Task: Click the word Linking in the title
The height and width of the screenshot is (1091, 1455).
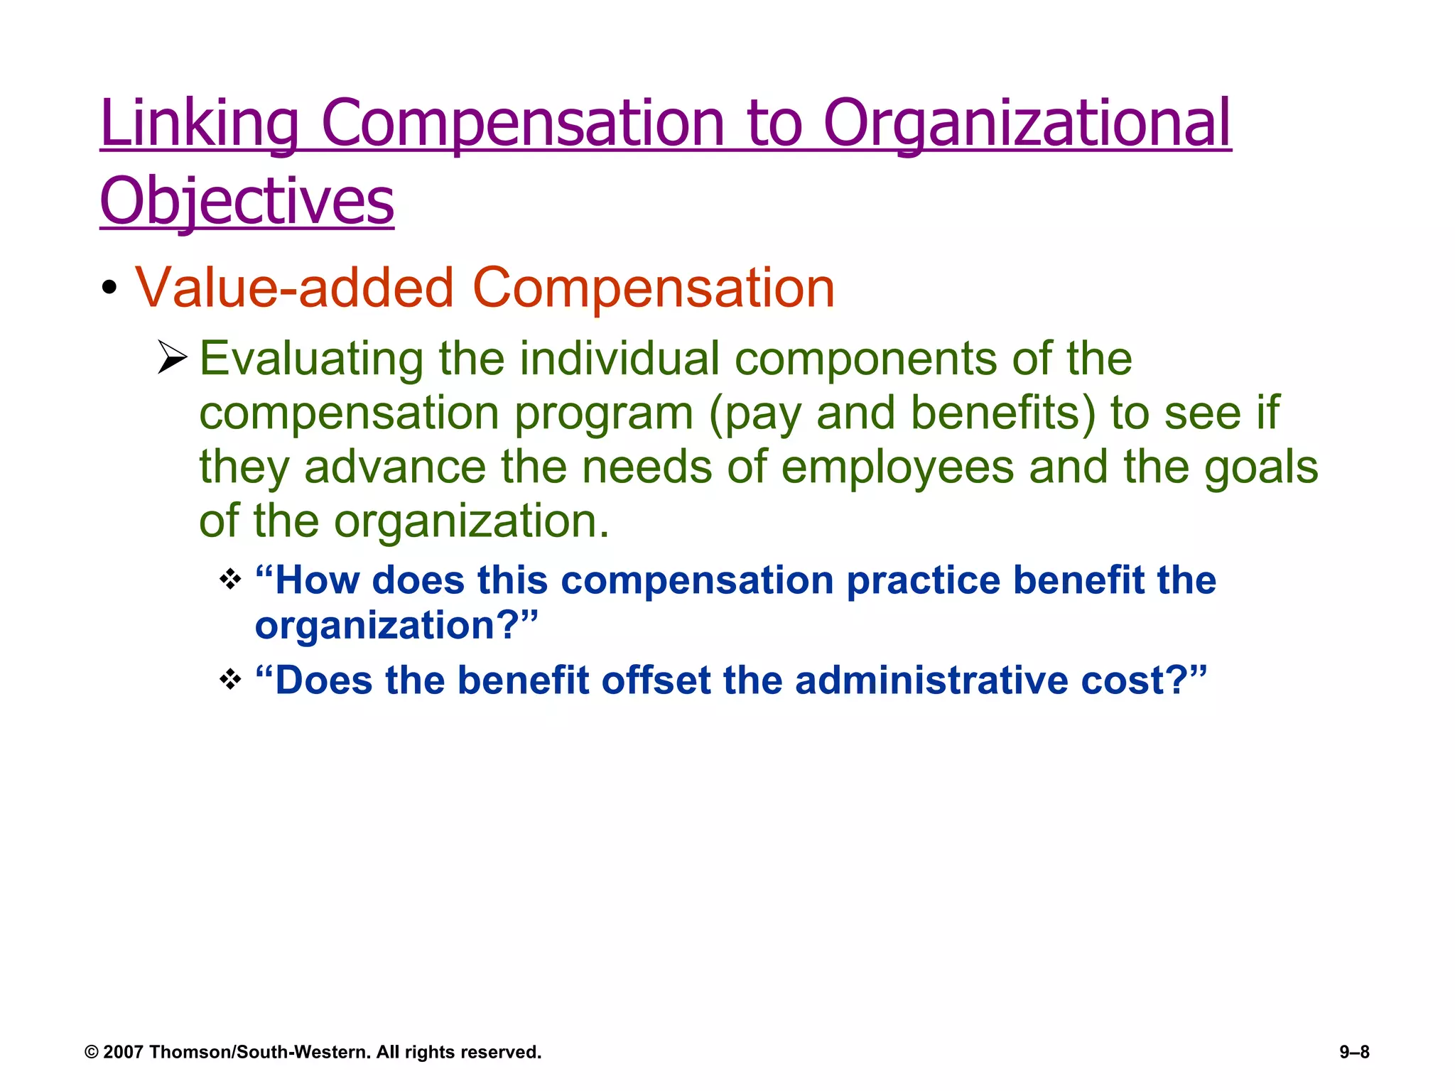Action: click(200, 124)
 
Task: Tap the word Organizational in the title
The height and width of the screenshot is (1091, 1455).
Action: click(1027, 124)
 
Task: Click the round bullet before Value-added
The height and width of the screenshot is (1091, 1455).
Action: click(109, 288)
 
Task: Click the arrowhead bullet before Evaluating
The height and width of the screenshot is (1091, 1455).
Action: click(172, 357)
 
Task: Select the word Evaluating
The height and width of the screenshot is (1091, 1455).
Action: click(310, 359)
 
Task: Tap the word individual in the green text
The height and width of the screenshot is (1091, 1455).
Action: click(619, 359)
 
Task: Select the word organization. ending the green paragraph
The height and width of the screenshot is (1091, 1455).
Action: click(471, 521)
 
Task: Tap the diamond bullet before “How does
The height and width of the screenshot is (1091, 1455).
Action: click(230, 580)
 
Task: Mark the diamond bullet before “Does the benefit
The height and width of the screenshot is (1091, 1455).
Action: click(230, 680)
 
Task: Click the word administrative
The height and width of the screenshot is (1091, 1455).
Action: click(931, 680)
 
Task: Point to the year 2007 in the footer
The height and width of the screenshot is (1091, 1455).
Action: click(124, 1052)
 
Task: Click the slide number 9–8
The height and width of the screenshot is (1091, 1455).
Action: click(1354, 1052)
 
